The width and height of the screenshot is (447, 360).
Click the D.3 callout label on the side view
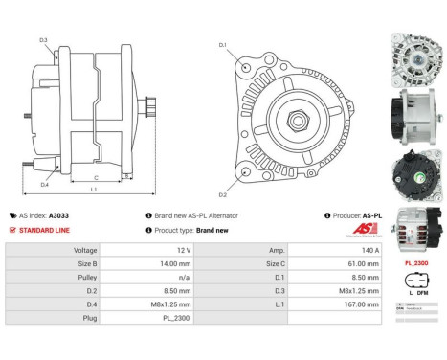[x=44, y=39]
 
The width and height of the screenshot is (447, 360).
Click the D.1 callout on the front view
[x=222, y=45]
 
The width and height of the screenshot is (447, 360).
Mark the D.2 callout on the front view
[x=223, y=194]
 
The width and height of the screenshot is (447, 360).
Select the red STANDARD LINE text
[x=45, y=231]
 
